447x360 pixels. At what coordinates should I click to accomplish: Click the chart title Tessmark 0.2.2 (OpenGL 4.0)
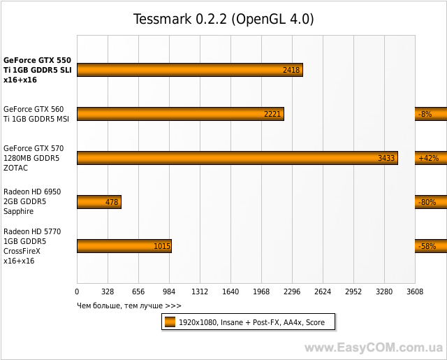[223, 19]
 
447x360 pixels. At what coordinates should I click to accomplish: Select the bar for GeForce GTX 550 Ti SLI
[189, 70]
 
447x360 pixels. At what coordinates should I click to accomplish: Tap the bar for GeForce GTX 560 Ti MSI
[180, 114]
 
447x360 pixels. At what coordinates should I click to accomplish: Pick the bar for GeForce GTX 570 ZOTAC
[237, 158]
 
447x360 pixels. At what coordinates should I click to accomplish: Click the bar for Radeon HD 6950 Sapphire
[98, 202]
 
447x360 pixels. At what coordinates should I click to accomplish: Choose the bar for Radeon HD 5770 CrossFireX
[124, 246]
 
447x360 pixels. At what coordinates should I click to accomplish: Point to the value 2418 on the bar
[291, 70]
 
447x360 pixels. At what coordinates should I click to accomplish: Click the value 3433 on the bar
[386, 158]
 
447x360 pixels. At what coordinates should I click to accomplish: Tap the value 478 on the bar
[111, 202]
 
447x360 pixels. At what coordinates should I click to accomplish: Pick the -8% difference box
[425, 114]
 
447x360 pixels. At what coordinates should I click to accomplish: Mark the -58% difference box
[426, 246]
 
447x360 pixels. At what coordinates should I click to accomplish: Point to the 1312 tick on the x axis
[200, 292]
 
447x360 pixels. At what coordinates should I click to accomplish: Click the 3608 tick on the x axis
[415, 292]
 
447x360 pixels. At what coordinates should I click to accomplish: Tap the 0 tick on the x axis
[77, 292]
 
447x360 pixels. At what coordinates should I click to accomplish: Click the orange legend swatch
[170, 322]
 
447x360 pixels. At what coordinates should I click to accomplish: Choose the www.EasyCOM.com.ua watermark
[374, 347]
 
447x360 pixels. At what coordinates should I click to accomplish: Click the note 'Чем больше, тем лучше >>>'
[129, 305]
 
